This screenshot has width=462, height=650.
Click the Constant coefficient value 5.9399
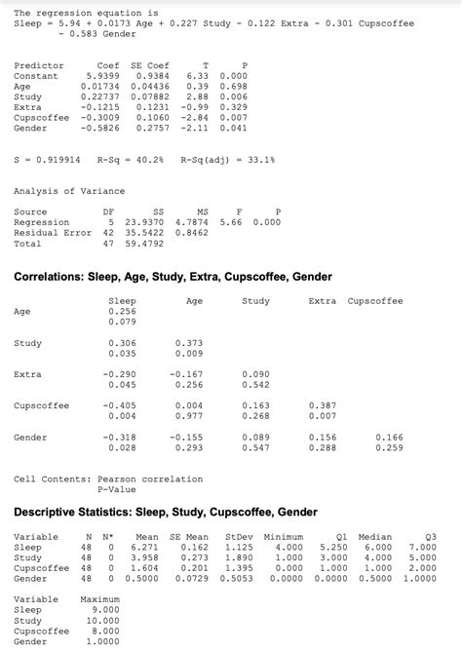tap(103, 75)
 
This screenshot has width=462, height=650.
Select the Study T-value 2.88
tap(199, 96)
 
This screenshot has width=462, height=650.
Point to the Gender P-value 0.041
tap(234, 128)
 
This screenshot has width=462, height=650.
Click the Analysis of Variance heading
tap(58, 191)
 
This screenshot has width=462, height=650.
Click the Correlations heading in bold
tap(173, 277)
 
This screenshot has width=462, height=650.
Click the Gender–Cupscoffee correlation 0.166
tap(389, 438)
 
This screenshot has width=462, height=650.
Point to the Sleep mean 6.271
tap(144, 548)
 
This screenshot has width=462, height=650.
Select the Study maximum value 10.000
tap(102, 620)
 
